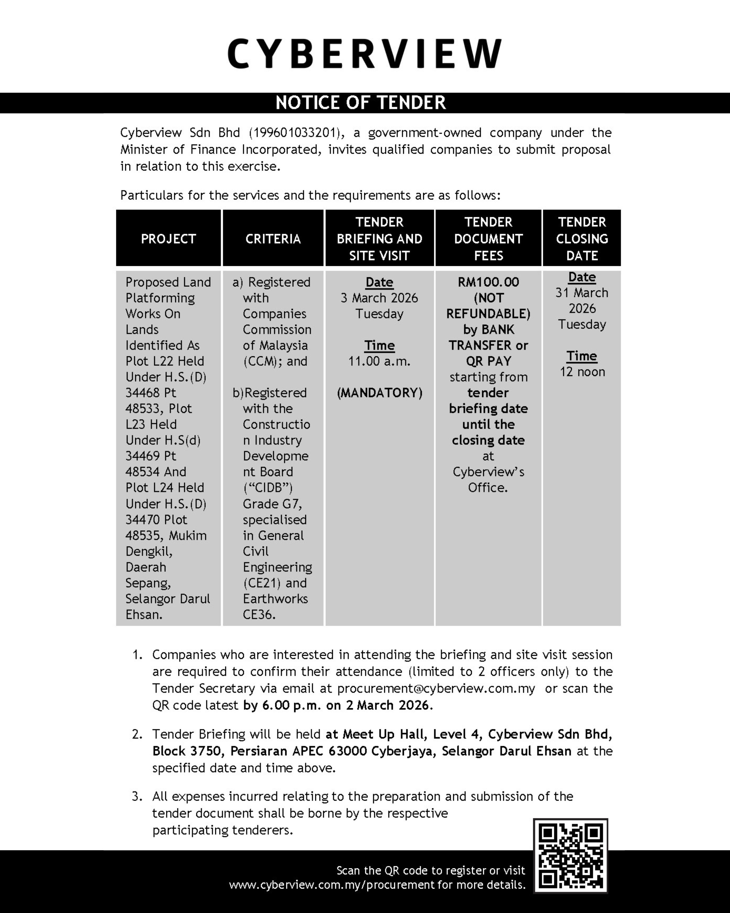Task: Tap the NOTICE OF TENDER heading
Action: (x=361, y=103)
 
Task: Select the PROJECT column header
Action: (x=168, y=239)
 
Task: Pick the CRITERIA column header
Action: (x=273, y=239)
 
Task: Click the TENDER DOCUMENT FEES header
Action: (x=488, y=239)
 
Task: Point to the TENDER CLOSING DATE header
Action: (x=582, y=239)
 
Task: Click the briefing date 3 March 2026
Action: (x=379, y=298)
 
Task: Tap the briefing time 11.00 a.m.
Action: (x=379, y=361)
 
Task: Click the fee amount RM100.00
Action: (x=488, y=282)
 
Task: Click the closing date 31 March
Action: (x=582, y=293)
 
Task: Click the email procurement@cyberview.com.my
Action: (x=436, y=688)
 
